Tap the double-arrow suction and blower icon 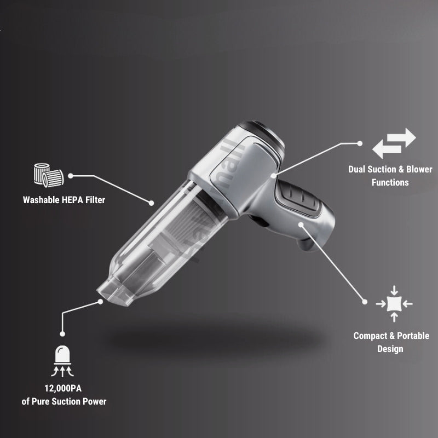(394, 143)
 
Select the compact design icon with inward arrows (394, 303)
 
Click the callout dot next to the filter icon (71, 176)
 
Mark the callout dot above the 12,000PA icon (63, 333)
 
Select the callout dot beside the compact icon (365, 301)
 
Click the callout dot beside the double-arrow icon (360, 143)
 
